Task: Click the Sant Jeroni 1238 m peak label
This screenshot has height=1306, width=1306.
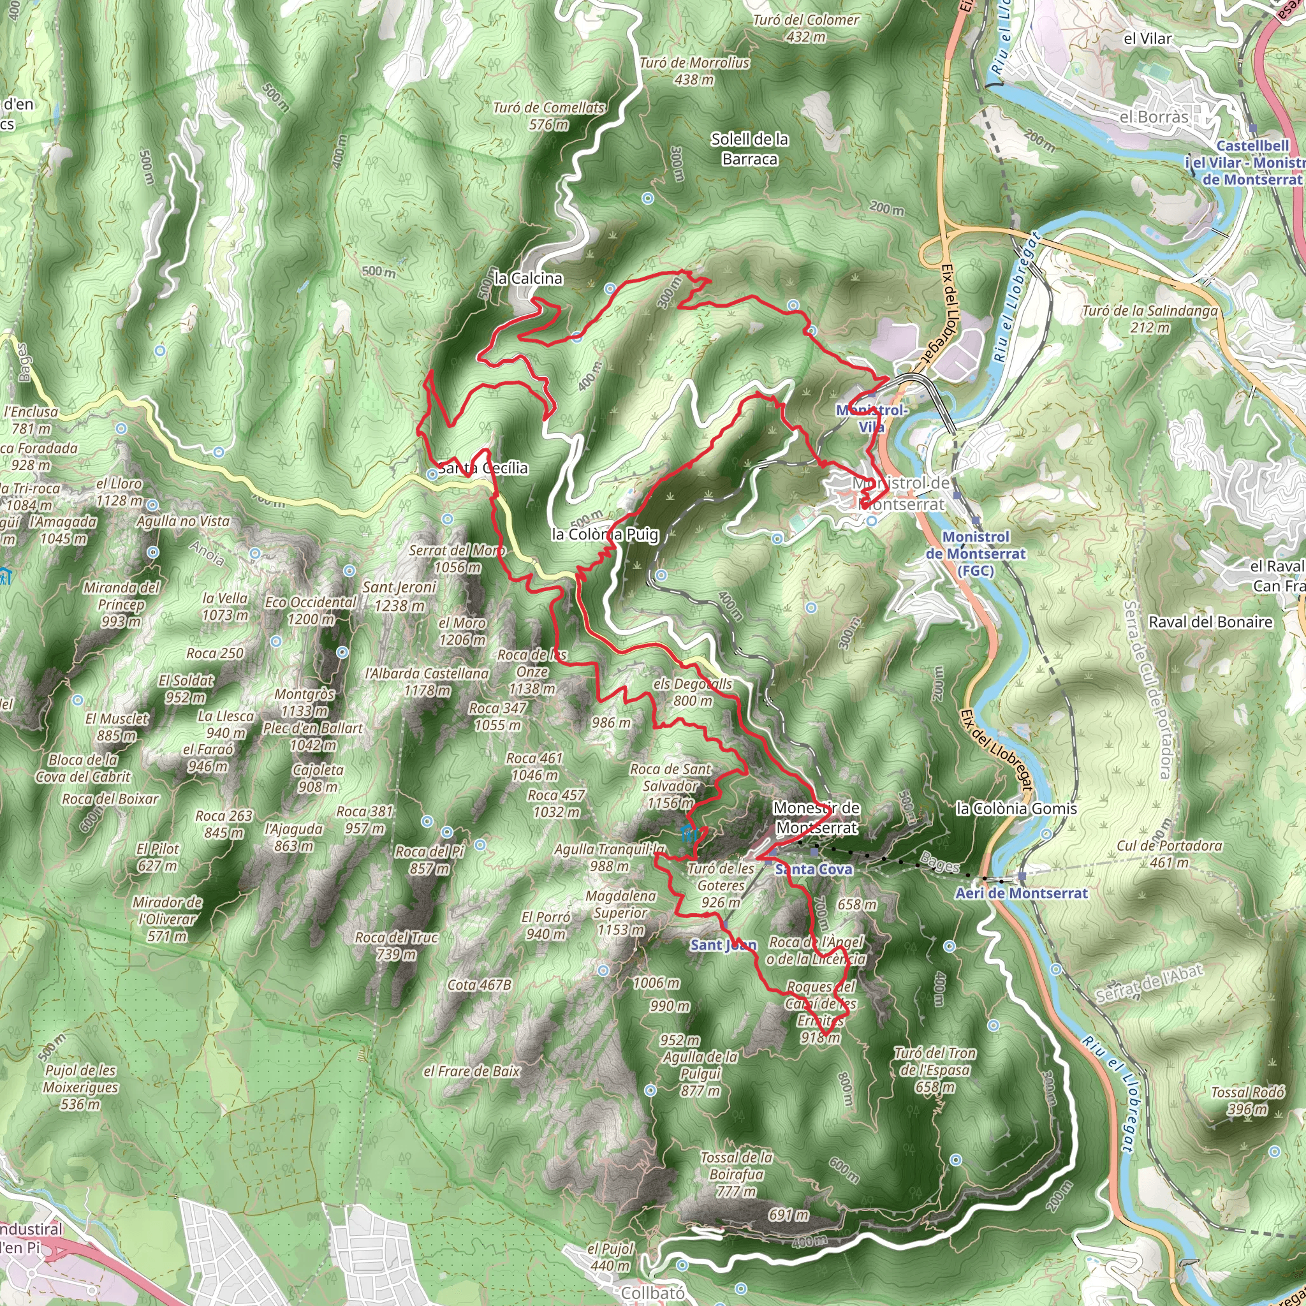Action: (399, 596)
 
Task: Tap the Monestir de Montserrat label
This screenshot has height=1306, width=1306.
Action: (817, 818)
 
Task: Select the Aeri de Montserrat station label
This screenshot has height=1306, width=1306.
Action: (1021, 893)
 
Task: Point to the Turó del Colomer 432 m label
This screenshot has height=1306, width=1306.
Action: (806, 29)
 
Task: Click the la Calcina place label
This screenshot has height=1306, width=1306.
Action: (528, 279)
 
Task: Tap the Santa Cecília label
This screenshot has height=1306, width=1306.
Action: (483, 468)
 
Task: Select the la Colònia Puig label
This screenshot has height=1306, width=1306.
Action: (605, 534)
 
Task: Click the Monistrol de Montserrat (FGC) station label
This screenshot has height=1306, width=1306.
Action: (976, 554)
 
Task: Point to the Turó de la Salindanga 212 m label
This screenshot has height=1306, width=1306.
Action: (1149, 319)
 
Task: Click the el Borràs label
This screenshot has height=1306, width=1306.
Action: (1153, 117)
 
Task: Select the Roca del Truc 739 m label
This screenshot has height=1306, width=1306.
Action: (396, 946)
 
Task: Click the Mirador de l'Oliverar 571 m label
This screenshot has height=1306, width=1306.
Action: (167, 920)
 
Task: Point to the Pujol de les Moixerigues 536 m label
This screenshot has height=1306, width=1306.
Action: (80, 1087)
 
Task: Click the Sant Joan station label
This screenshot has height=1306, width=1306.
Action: (723, 945)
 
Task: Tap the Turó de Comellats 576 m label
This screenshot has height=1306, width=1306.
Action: (548, 115)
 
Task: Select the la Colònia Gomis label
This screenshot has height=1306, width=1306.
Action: (1016, 809)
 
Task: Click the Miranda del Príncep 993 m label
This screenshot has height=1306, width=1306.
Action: (121, 604)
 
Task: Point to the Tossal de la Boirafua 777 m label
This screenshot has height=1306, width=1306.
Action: (736, 1174)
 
